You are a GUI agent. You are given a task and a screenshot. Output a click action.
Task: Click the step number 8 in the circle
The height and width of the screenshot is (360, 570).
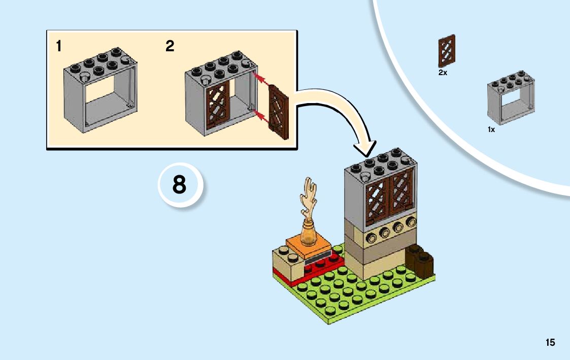pos(179,185)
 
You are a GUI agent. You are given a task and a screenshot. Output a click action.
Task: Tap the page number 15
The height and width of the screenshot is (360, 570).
pos(550,343)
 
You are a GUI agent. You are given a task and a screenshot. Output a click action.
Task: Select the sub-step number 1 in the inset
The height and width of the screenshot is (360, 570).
pos(59,47)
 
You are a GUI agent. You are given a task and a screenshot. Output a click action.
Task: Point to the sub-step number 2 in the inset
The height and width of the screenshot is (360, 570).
pos(170,47)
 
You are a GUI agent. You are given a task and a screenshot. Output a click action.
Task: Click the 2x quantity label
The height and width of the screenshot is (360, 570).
pos(443,73)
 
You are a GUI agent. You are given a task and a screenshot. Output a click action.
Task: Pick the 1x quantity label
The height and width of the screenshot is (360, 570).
pos(491,129)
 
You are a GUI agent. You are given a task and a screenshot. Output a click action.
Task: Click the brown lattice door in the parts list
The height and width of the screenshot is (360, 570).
pos(447,51)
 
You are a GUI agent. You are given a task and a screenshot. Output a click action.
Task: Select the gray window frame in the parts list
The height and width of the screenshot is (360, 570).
pos(511,97)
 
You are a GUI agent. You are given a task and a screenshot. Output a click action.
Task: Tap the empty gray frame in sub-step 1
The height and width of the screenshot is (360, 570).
pos(100,91)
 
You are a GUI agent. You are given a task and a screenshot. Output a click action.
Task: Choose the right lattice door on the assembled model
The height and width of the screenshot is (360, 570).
pos(401,193)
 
